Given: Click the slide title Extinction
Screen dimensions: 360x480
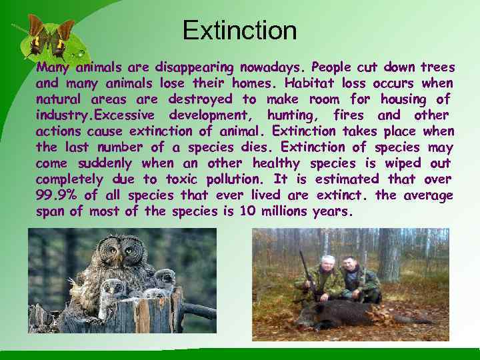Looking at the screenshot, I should click(239, 31).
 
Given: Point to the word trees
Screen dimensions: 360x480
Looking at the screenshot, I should click(437, 67).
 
